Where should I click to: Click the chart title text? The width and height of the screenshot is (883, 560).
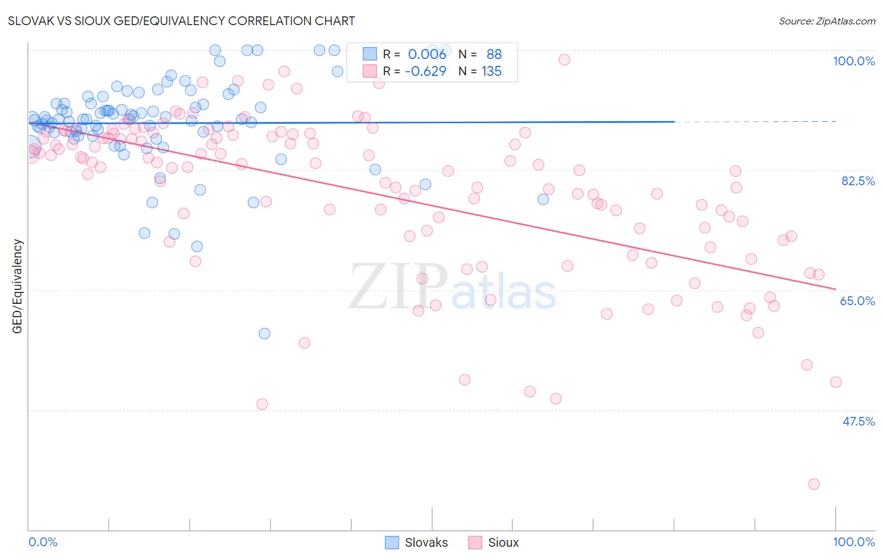pos(181,21)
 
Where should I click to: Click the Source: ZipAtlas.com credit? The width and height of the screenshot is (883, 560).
pos(826,21)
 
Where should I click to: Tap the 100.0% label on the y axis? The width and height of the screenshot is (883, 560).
pos(853,61)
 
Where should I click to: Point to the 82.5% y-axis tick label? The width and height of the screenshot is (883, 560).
pos(857,181)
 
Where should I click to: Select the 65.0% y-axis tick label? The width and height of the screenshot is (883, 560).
pos(857,301)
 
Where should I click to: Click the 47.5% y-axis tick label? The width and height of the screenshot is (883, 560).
pos(858,421)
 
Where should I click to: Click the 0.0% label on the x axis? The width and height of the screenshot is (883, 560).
pos(43,542)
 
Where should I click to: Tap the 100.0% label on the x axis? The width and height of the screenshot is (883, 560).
pos(853,542)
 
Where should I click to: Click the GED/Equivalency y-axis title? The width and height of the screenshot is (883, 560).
pos(18,286)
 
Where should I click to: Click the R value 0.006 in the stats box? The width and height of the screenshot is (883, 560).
pos(427,55)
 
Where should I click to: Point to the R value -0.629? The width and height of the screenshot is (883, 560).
pos(425,72)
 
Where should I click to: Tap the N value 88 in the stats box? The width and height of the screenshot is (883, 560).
pos(494,55)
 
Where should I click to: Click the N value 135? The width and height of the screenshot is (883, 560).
pos(491,72)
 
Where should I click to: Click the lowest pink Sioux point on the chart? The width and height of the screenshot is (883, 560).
pos(814,484)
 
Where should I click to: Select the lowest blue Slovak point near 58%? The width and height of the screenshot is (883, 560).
pos(264,333)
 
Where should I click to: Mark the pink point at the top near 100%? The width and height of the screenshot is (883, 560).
pos(564,60)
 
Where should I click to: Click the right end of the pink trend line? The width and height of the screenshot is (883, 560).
pos(835,289)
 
